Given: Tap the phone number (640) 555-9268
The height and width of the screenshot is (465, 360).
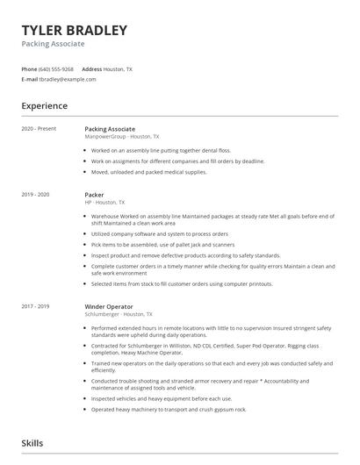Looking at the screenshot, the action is [57, 68].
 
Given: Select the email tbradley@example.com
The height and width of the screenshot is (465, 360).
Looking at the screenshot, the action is [71, 79].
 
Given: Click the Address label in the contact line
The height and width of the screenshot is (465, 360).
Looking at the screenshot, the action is [91, 68].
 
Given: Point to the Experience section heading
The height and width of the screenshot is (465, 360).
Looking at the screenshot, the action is [45, 106].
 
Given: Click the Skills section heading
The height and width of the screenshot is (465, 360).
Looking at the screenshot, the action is [32, 445].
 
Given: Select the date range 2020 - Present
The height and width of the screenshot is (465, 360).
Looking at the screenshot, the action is [39, 129].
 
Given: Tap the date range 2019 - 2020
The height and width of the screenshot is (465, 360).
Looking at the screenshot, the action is [36, 193].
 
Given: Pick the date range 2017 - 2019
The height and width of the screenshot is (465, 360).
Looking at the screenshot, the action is [36, 306].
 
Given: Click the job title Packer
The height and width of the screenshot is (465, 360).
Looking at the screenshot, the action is [94, 194].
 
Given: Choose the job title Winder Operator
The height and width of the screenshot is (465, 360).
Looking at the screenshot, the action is [108, 306].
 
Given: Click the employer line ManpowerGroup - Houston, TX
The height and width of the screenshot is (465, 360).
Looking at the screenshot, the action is [121, 137].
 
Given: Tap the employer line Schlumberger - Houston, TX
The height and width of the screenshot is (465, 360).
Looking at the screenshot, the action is [119, 314].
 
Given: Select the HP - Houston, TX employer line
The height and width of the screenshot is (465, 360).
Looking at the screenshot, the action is [104, 202].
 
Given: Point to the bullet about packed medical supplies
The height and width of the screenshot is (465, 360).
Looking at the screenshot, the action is [148, 172].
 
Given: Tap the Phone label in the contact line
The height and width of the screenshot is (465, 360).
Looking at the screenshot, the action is [30, 68].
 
